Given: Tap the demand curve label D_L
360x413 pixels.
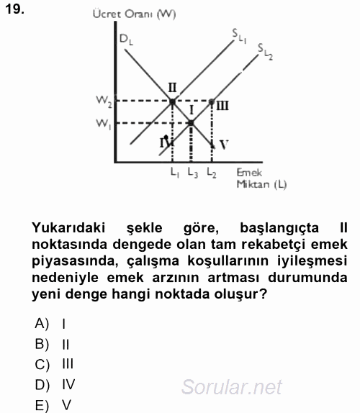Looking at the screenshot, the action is click(126, 40).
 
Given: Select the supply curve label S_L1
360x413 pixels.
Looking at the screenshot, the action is click(238, 33).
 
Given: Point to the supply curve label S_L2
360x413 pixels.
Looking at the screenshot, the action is click(264, 50).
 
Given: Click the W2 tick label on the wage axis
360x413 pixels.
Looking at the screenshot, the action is click(102, 101).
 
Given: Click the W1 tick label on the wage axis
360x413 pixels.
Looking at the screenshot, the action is click(102, 123).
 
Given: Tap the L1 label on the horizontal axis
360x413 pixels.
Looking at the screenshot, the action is click(174, 173).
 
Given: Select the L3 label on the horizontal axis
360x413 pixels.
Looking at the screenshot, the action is click(192, 173).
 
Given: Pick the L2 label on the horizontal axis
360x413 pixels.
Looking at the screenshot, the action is click(211, 173).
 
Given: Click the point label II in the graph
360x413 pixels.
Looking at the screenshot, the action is click(172, 88).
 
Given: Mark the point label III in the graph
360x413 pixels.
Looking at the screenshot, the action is click(222, 106).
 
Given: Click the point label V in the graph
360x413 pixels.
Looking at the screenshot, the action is click(224, 145).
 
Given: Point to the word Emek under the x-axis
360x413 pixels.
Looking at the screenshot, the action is click(249, 173).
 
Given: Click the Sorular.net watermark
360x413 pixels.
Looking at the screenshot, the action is click(232, 389).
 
